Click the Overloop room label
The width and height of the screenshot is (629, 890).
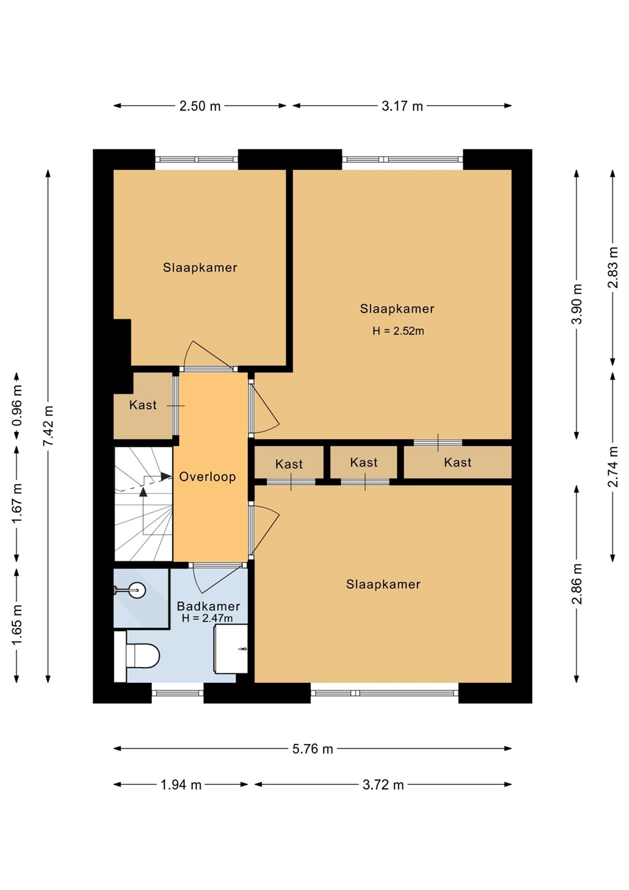pos(207,477)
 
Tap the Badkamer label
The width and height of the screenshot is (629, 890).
pos(208,606)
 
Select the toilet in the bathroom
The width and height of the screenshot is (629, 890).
pos(137,656)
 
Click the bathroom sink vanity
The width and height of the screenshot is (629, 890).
pos(231,648)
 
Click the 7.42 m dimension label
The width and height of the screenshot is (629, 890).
pos(48,425)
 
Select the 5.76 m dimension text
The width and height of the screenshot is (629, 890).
pos(313,749)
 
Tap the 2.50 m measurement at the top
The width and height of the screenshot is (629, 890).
pos(200,106)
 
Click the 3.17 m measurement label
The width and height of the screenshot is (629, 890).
pos(402,106)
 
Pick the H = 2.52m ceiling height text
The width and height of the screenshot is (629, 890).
pos(399,331)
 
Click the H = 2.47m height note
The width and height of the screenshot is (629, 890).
pos(207,618)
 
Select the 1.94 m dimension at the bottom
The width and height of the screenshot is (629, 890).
pos(181,785)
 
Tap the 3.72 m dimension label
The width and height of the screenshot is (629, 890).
pos(383,785)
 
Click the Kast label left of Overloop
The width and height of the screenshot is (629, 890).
pos(143,405)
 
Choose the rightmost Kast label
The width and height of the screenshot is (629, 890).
pos(458,462)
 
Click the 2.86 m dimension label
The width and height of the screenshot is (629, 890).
pos(577,583)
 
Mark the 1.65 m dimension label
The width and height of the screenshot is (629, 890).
pos(17,624)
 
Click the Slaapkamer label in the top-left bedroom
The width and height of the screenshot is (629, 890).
pos(200,268)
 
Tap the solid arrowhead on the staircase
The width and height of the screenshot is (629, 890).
pos(166,476)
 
